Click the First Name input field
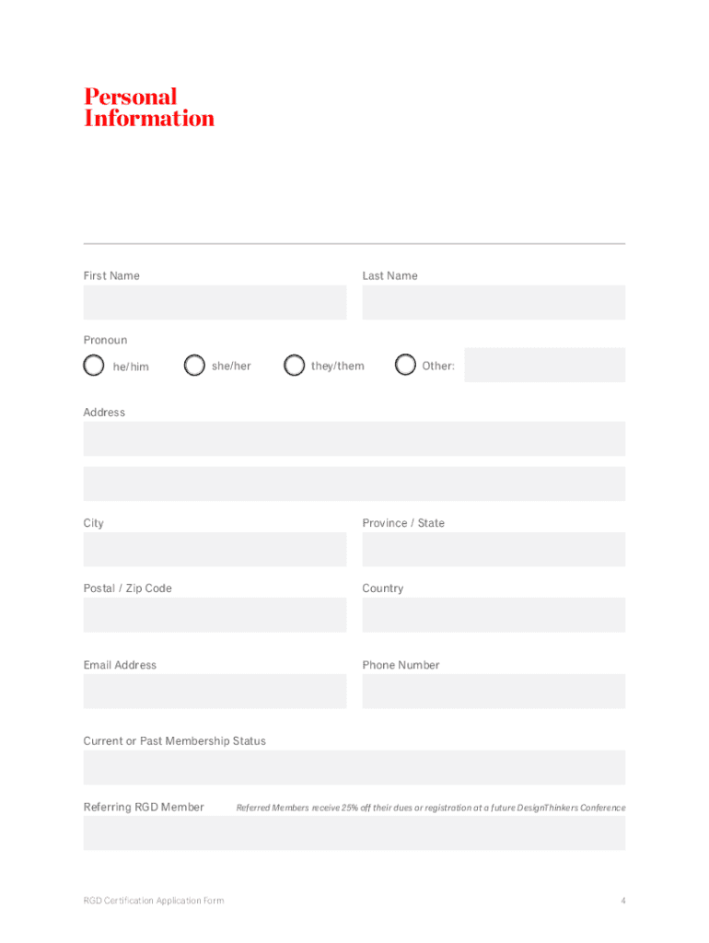click(215, 302)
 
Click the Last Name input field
click(494, 302)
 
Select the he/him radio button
click(94, 366)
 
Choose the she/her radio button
click(194, 366)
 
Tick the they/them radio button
click(294, 366)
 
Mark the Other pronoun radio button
click(405, 366)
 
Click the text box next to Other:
click(544, 365)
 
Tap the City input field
click(215, 550)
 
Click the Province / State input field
click(494, 550)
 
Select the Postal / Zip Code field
click(215, 615)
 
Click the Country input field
click(494, 615)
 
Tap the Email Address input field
click(215, 691)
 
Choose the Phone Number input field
click(494, 691)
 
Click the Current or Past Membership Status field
click(354, 767)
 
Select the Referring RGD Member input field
click(354, 832)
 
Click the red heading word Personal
click(130, 97)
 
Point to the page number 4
click(623, 901)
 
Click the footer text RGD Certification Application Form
click(154, 901)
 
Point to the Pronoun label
click(106, 340)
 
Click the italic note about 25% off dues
click(431, 808)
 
